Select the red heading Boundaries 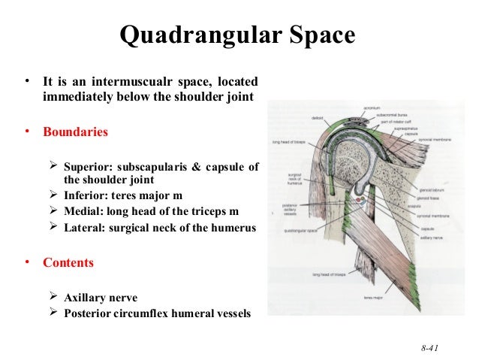75,132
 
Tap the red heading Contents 68,264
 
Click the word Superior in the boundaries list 88,167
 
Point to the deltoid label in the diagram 318,117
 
